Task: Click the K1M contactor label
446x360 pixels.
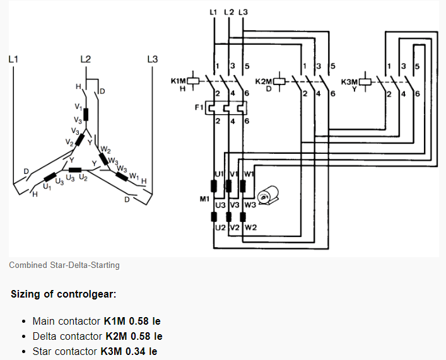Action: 179,81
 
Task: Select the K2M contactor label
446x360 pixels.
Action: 264,81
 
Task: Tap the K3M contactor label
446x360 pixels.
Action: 349,81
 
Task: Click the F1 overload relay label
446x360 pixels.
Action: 198,108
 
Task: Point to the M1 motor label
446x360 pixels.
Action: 204,199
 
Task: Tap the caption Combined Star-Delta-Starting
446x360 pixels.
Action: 64,265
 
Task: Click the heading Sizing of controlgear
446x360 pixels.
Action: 63,294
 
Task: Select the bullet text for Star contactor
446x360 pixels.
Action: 95,351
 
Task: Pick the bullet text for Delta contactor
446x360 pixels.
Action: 97,336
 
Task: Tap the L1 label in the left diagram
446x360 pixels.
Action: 13,59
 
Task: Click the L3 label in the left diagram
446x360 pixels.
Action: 152,59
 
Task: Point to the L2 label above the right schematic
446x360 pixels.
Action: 229,12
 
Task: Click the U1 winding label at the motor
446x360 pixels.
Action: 219,173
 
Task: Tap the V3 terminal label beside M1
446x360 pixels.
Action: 234,205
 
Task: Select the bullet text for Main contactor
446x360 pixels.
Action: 96,321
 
